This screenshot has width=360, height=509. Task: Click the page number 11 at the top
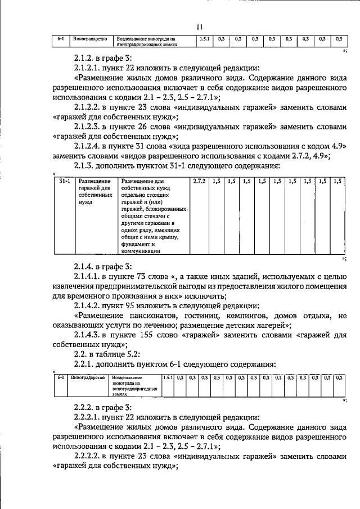(199, 27)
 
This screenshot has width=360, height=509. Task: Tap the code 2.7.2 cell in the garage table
(199, 181)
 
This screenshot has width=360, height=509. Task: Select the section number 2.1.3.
(85, 166)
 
